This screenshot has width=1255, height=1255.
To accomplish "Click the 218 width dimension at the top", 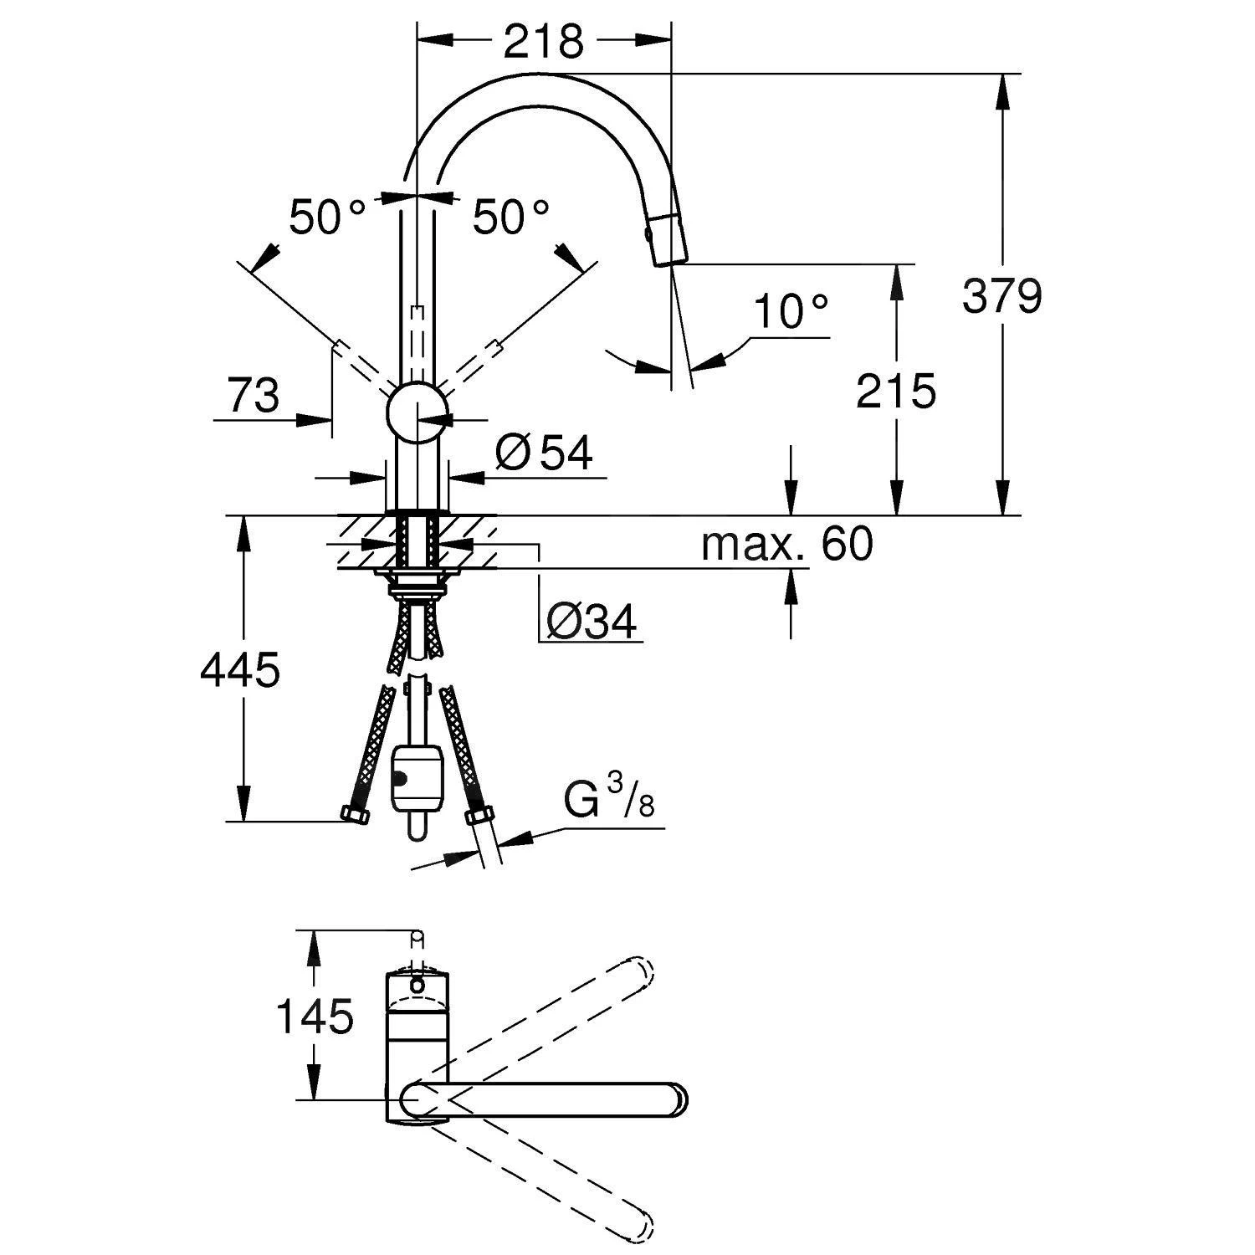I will [543, 41].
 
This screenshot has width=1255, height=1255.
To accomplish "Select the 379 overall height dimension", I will [1001, 296].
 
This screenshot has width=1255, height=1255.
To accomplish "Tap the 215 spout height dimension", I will [895, 392].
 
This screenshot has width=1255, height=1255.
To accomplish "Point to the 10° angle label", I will [791, 313].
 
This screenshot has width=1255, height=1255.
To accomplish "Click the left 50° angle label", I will [327, 218].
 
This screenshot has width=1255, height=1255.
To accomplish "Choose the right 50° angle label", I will [510, 218].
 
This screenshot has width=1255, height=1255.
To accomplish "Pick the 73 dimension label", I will [254, 395].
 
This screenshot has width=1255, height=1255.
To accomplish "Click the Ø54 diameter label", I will [544, 453].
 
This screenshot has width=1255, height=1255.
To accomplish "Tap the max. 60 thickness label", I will [786, 544].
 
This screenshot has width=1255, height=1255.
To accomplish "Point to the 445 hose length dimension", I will [240, 670].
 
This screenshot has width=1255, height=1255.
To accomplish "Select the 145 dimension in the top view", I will [315, 1017].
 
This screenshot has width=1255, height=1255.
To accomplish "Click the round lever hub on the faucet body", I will [417, 412].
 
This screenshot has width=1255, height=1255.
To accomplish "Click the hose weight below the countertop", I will [415, 779].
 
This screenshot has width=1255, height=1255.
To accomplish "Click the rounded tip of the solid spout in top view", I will [677, 1099].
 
